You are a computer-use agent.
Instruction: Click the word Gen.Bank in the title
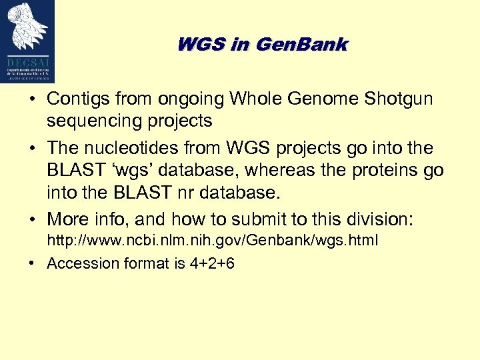coord(301,45)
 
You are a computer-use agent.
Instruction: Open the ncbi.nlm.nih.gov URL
coord(212,241)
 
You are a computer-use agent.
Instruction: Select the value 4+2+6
coord(212,263)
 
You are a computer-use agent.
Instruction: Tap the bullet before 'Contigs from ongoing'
coord(32,100)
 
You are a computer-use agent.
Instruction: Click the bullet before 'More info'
coord(32,219)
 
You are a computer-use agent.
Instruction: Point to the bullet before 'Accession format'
coord(32,264)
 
